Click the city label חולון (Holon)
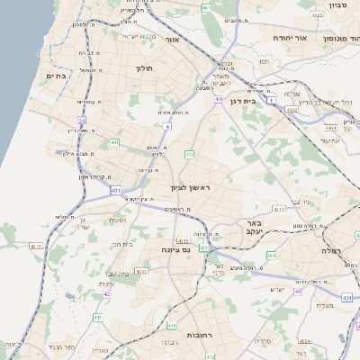coord(145,68)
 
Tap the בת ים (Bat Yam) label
coord(57,76)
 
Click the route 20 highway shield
coord(82,120)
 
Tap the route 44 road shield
coord(218,99)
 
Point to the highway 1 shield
coord(290,110)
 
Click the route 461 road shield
coord(206,7)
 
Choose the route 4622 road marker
coord(317,15)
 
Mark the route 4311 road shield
coord(280,209)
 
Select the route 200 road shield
coord(271,256)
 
